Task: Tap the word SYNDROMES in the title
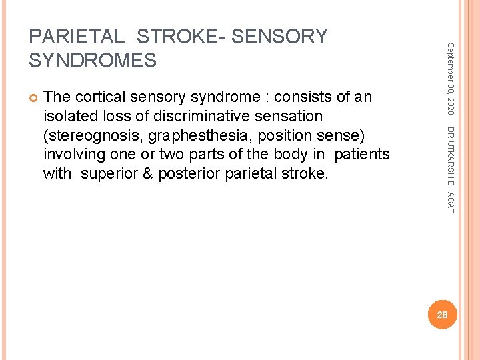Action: [x=93, y=61]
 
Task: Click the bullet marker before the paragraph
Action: [x=33, y=97]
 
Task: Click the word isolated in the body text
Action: [x=70, y=117]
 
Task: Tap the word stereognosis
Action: [x=93, y=135]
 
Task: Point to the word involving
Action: [x=71, y=155]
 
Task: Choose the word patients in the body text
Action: [x=362, y=155]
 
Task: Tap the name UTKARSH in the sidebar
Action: [x=450, y=163]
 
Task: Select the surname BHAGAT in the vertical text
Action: [x=450, y=199]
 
